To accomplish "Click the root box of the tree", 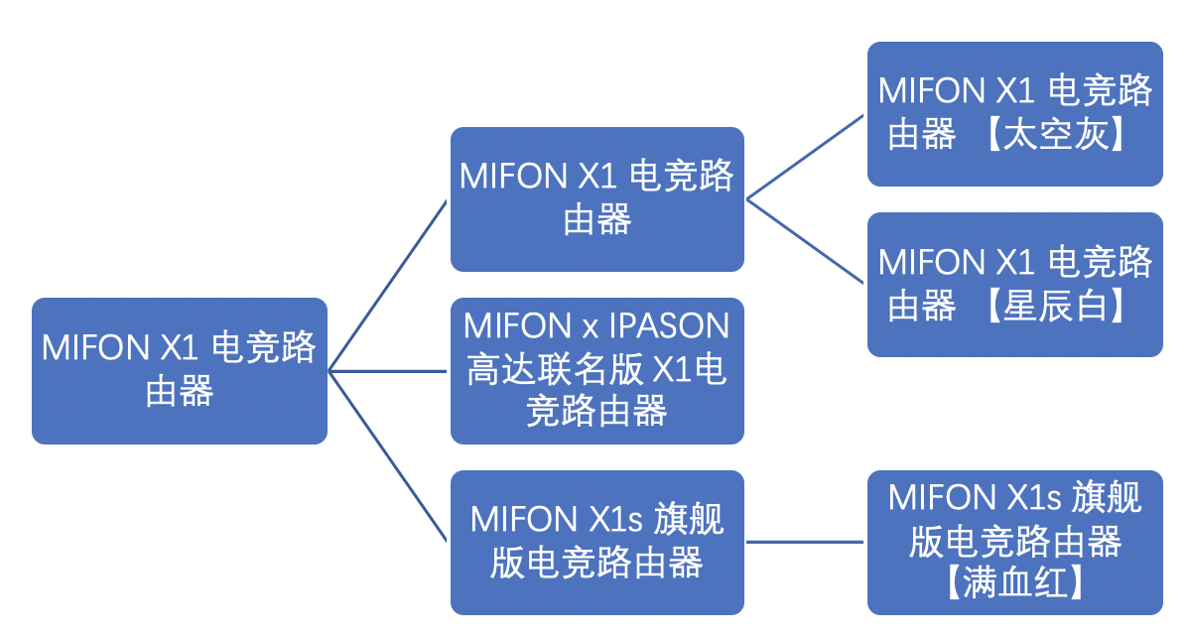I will (179, 370).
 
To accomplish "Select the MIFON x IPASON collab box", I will (596, 370).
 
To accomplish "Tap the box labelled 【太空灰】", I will (1014, 113).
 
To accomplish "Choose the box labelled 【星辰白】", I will (1014, 285).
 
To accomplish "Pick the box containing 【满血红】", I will (1014, 542).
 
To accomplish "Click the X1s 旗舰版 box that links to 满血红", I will (596, 542).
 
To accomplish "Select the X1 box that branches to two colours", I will (596, 198).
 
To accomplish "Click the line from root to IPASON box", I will (389, 371).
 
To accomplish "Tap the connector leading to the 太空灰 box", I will (806, 156).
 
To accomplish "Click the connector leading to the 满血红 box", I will (806, 542).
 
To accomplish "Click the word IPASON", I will (669, 326).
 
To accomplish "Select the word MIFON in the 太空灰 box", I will (930, 91).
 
